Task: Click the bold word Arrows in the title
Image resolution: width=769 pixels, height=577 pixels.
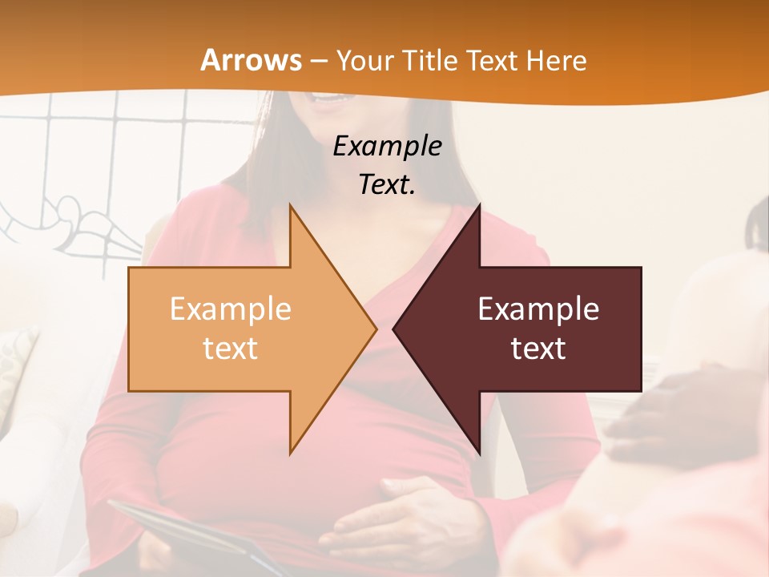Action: click(x=252, y=60)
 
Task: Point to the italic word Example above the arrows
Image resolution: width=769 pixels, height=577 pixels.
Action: click(x=387, y=146)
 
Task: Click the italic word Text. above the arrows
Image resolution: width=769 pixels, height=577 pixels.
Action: click(x=387, y=184)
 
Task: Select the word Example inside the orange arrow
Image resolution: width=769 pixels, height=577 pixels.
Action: click(x=231, y=309)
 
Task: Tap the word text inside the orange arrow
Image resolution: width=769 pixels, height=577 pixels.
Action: click(x=231, y=348)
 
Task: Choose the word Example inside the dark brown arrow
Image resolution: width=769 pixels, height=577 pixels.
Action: click(x=538, y=309)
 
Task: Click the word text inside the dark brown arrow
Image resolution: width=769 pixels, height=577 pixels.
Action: click(x=538, y=348)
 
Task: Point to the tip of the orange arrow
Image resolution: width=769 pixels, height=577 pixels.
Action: click(x=374, y=329)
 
